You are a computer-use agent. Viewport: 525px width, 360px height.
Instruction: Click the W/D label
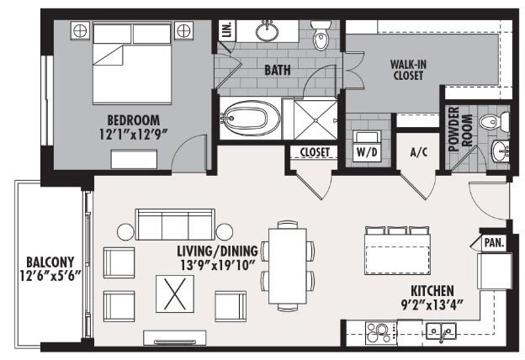point(367,153)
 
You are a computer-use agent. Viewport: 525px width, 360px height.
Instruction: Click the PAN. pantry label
point(493,243)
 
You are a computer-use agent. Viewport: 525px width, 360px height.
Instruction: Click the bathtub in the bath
point(250,119)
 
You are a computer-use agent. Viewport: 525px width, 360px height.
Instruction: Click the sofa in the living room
point(175,225)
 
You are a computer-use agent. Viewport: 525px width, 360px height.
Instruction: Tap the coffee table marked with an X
point(177,295)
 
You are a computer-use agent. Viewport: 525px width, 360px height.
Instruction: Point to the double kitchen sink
point(440,332)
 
